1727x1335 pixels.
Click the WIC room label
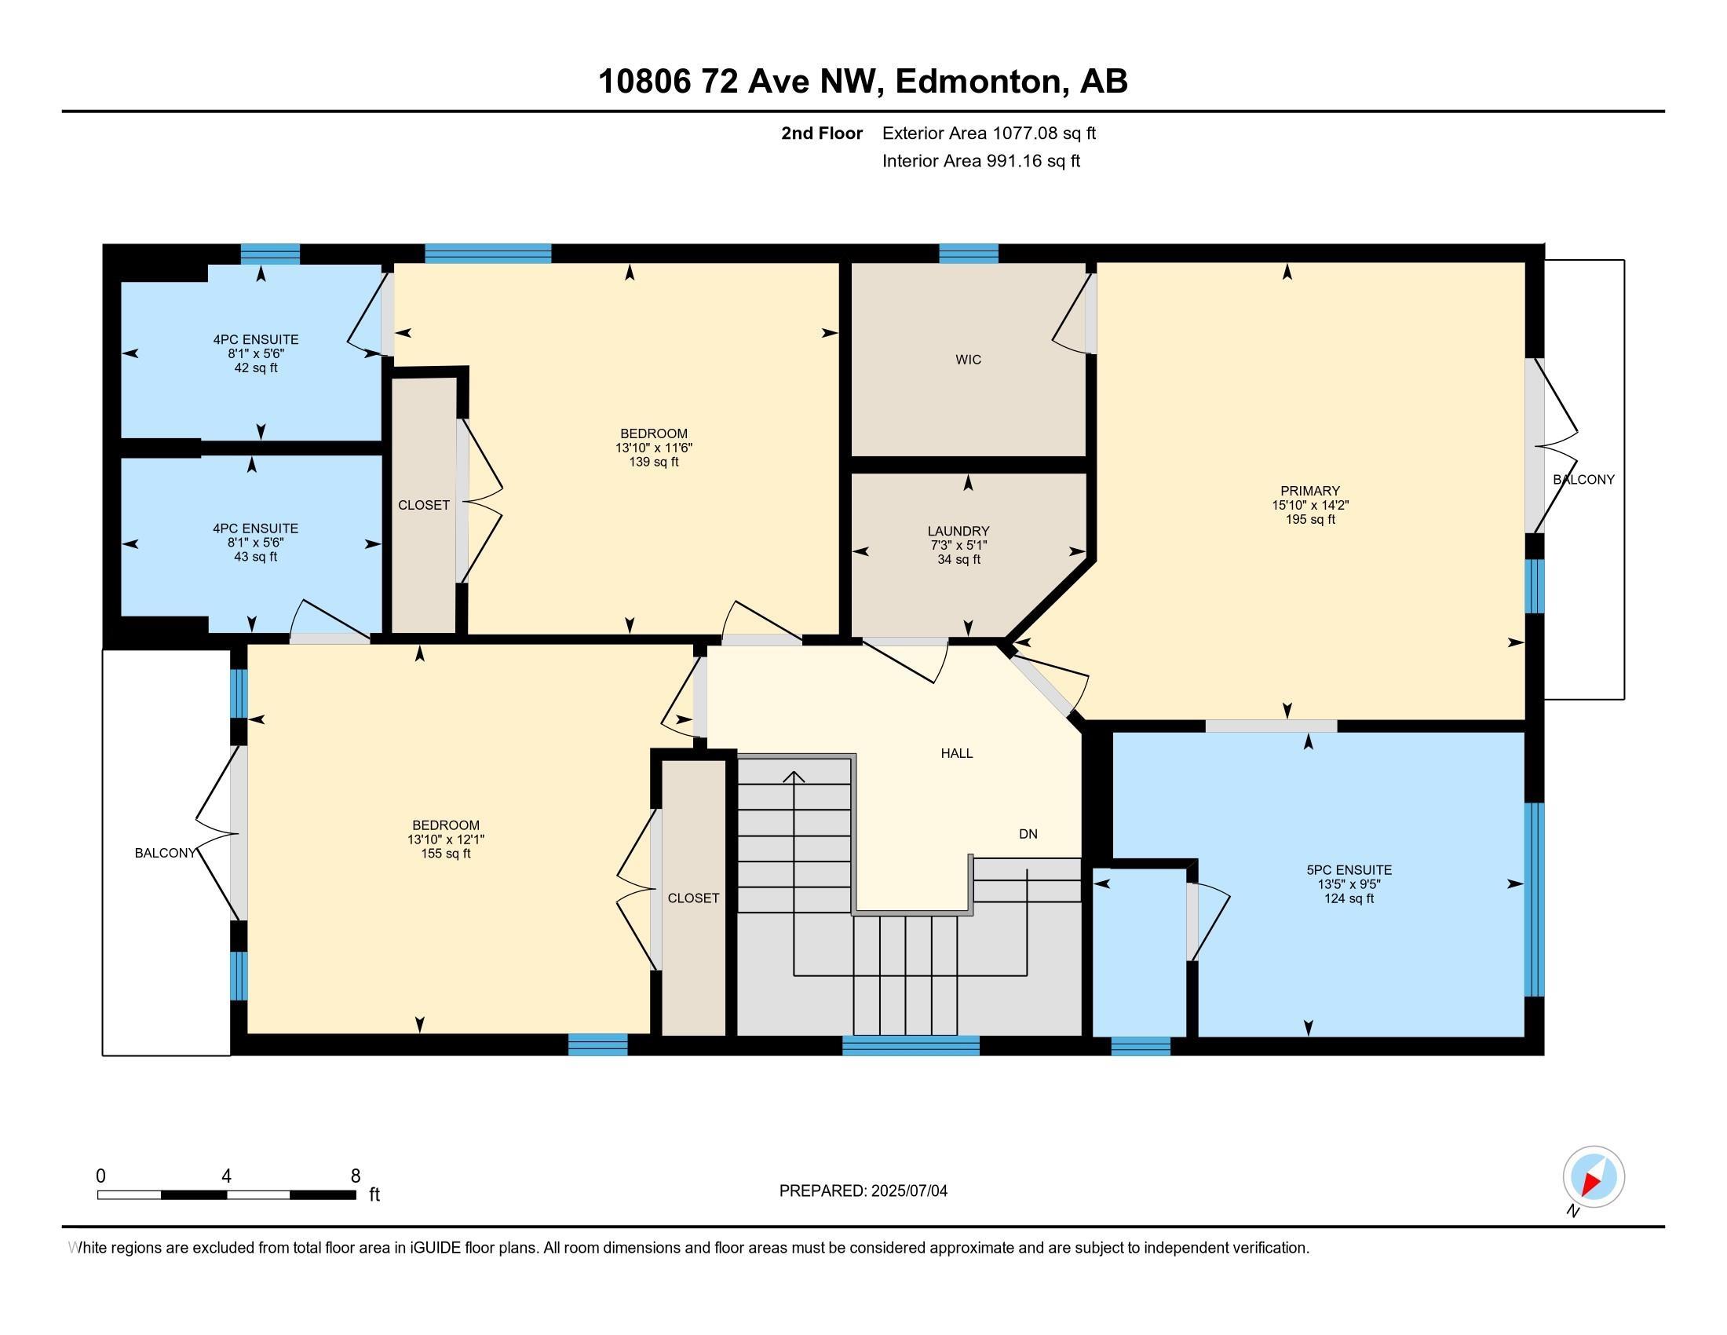[968, 360]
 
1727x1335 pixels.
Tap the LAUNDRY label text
[958, 532]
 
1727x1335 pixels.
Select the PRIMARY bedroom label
[1310, 491]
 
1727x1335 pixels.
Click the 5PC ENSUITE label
[1349, 870]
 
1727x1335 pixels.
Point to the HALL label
[956, 754]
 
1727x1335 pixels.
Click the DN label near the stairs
[1028, 833]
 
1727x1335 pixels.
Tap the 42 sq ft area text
[256, 368]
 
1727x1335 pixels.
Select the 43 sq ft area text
[256, 557]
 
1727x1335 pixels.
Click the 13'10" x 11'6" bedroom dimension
[654, 448]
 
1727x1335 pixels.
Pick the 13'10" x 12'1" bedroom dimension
[446, 840]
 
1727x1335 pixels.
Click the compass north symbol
[1594, 1176]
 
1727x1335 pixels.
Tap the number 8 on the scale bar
[356, 1176]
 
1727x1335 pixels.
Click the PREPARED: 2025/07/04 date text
[863, 1191]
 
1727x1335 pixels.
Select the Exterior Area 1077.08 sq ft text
[988, 133]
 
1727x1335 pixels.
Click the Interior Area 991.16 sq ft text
[980, 161]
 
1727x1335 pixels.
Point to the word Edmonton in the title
[977, 82]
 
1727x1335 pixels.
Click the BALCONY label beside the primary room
[1583, 480]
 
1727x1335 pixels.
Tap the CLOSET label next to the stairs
[693, 898]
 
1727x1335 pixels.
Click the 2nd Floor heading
[822, 133]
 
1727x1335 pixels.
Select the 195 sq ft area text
[1310, 520]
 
